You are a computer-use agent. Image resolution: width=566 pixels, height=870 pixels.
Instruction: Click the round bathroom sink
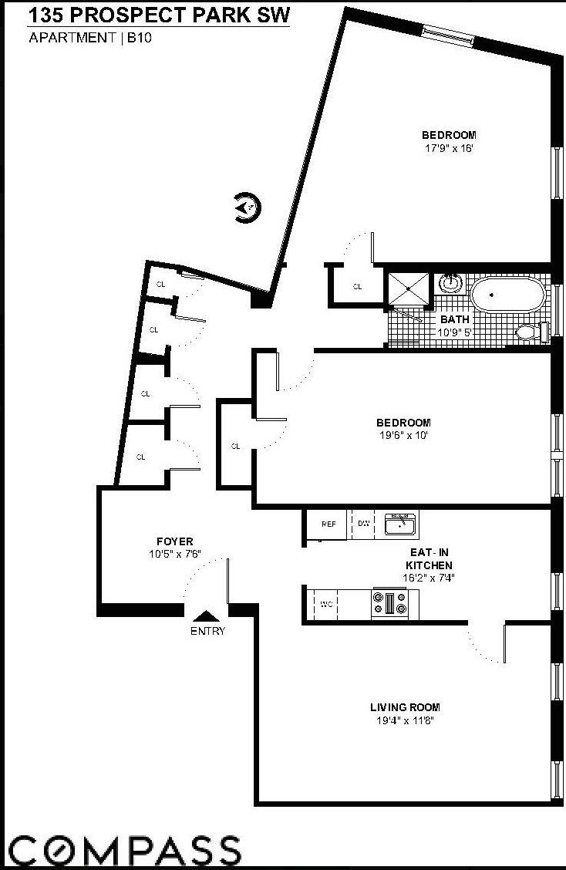click(449, 283)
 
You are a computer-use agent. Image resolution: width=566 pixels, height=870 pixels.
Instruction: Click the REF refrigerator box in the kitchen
click(328, 524)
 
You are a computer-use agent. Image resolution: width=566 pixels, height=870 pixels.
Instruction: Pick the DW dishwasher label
click(363, 524)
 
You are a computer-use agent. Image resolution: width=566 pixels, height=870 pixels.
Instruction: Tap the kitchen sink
click(400, 524)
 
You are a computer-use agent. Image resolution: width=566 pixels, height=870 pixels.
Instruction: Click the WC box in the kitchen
click(326, 604)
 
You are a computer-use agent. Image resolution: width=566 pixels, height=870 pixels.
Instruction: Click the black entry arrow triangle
click(207, 615)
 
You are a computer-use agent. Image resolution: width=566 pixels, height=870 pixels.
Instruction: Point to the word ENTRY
click(207, 631)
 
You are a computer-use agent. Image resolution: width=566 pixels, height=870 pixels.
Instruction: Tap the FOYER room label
click(174, 541)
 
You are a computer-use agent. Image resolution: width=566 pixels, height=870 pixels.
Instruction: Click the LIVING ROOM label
click(405, 707)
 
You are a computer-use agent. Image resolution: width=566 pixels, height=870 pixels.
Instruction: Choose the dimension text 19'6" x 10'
click(403, 434)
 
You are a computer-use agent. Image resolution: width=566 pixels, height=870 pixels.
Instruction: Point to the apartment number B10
click(141, 37)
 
